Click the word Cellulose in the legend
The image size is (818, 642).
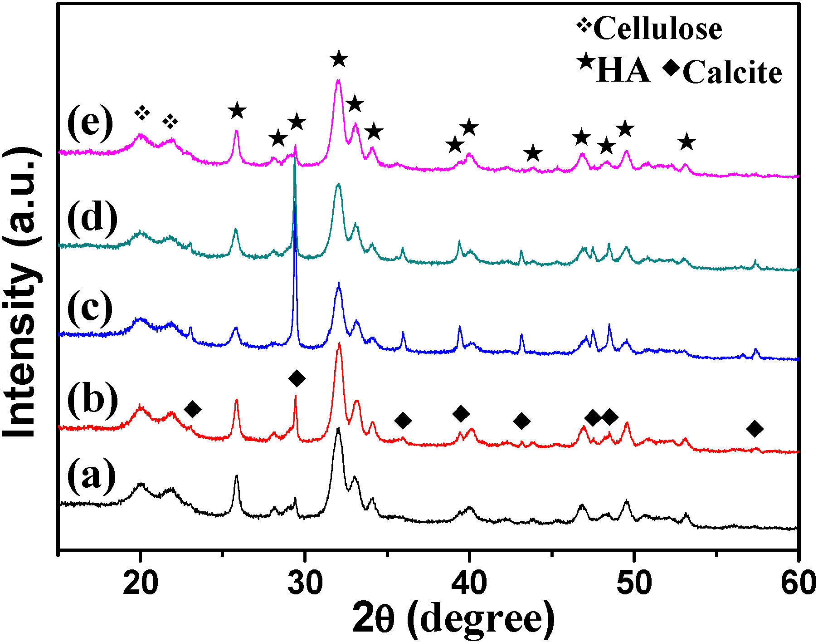[657, 29]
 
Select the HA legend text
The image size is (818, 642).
[623, 71]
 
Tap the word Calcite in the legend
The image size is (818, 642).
[732, 73]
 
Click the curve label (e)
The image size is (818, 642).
[90, 123]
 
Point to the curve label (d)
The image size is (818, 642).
[92, 218]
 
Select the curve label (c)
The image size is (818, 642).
[90, 309]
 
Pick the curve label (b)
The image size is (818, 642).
[92, 399]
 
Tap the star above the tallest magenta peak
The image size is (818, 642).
[339, 59]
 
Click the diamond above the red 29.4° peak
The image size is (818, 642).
[297, 378]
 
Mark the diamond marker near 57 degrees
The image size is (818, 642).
[755, 428]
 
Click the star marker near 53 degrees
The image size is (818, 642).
[687, 142]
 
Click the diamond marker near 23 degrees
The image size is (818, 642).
[192, 409]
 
